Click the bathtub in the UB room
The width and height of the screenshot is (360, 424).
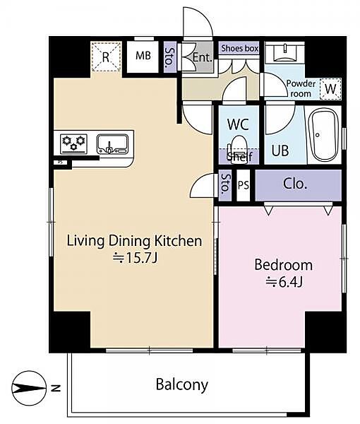point(323,135)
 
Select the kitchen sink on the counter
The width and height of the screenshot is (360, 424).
point(113,144)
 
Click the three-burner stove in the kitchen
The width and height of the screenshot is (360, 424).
point(73,144)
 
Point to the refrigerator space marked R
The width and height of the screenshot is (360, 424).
point(106,57)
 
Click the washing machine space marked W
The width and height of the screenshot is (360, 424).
point(330,89)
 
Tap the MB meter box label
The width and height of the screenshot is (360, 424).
point(143,56)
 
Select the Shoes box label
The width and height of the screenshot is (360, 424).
point(239,48)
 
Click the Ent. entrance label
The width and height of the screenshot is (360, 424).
point(202,57)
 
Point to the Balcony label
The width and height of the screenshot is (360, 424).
point(181,385)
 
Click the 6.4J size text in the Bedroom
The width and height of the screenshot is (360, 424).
point(284,282)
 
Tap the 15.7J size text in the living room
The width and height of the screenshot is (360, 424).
point(135,258)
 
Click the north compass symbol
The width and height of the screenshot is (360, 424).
point(29,388)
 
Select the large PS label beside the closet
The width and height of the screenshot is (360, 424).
point(244,185)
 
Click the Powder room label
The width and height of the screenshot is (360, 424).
point(301,89)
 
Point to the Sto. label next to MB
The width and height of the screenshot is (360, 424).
point(170,57)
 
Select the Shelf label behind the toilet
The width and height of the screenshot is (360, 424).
point(239,157)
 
